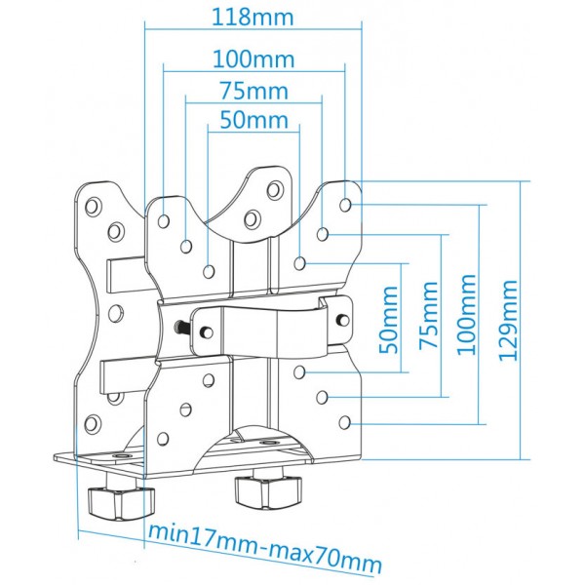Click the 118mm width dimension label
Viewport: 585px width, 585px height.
(x=253, y=17)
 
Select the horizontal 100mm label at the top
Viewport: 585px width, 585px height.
(x=253, y=58)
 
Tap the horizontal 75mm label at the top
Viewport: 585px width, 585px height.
(x=253, y=91)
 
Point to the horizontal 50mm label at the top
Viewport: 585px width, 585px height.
(x=254, y=119)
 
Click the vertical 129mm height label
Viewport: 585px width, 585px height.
(x=508, y=320)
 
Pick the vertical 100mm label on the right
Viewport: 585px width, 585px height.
(x=466, y=314)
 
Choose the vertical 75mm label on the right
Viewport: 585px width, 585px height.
(x=428, y=315)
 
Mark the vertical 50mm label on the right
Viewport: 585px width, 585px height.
(x=388, y=320)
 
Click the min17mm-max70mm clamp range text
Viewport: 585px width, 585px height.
(x=265, y=550)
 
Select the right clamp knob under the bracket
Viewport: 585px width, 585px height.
(x=268, y=492)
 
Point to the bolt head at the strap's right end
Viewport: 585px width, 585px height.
(x=342, y=320)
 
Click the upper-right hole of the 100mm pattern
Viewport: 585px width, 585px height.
(x=345, y=205)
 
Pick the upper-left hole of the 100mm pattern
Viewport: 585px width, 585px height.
(x=164, y=221)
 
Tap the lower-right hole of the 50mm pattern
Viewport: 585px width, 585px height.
(x=299, y=371)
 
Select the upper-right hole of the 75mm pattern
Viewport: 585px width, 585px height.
(x=323, y=234)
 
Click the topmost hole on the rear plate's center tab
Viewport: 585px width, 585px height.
(x=275, y=189)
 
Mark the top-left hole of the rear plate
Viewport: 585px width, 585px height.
(x=93, y=206)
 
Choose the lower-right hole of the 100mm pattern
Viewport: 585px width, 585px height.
(x=345, y=423)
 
